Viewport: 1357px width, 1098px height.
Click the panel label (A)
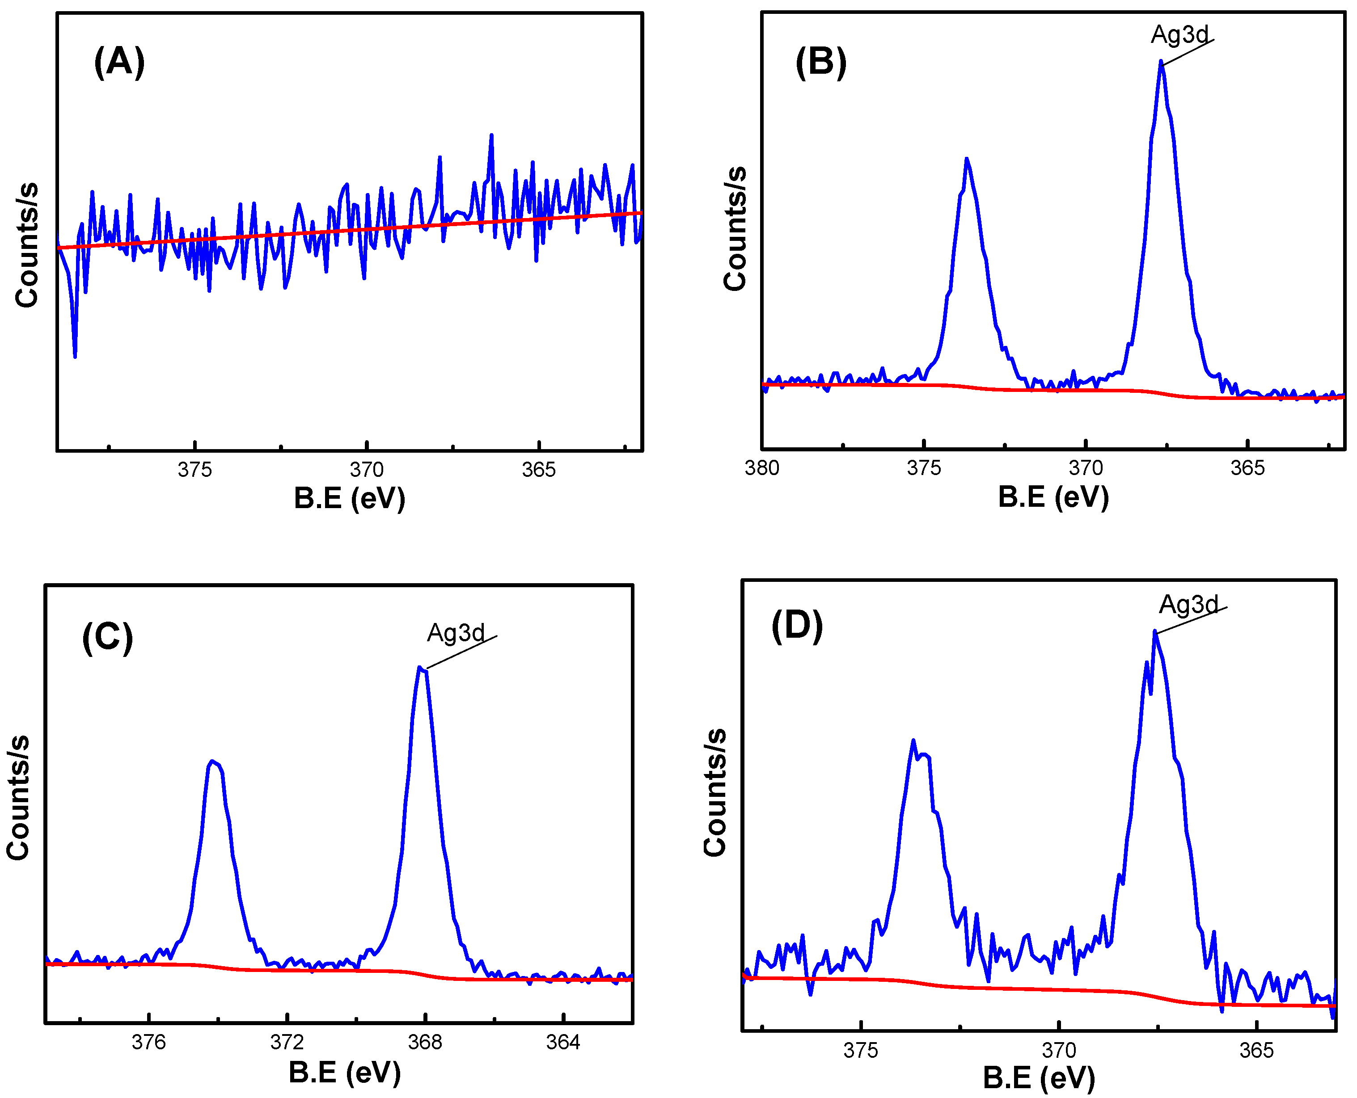coord(119,63)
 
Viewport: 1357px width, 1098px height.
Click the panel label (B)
coord(820,63)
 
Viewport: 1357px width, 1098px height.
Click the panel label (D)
coord(796,626)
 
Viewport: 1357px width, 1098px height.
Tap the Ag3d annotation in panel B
coord(1179,34)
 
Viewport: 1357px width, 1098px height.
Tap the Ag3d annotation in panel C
coord(456,632)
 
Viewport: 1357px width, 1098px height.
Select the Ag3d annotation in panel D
coord(1188,605)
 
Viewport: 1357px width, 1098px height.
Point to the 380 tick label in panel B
coord(762,468)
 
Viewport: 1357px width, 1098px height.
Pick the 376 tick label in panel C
coord(149,1042)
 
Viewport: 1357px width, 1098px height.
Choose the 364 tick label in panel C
coord(562,1042)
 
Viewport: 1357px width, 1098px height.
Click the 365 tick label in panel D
coord(1256,1050)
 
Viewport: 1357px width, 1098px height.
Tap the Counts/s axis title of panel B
coord(735,229)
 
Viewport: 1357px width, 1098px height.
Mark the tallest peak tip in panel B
coord(1161,61)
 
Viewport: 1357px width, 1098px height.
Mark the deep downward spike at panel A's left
coord(75,356)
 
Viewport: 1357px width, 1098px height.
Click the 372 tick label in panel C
coord(287,1042)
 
